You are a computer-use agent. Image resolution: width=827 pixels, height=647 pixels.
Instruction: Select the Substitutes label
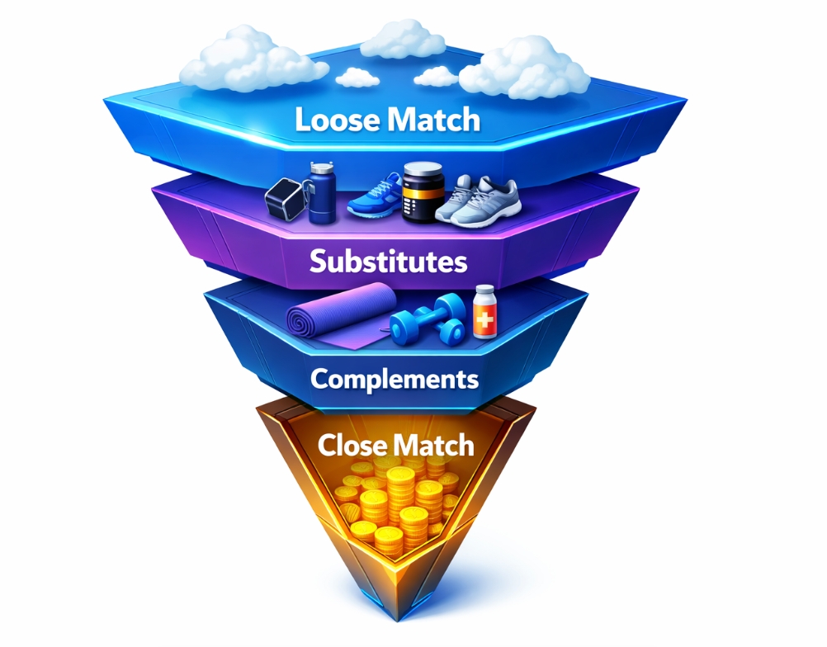pos(388,262)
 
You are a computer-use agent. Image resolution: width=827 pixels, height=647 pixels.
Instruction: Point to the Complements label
pos(395,379)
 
